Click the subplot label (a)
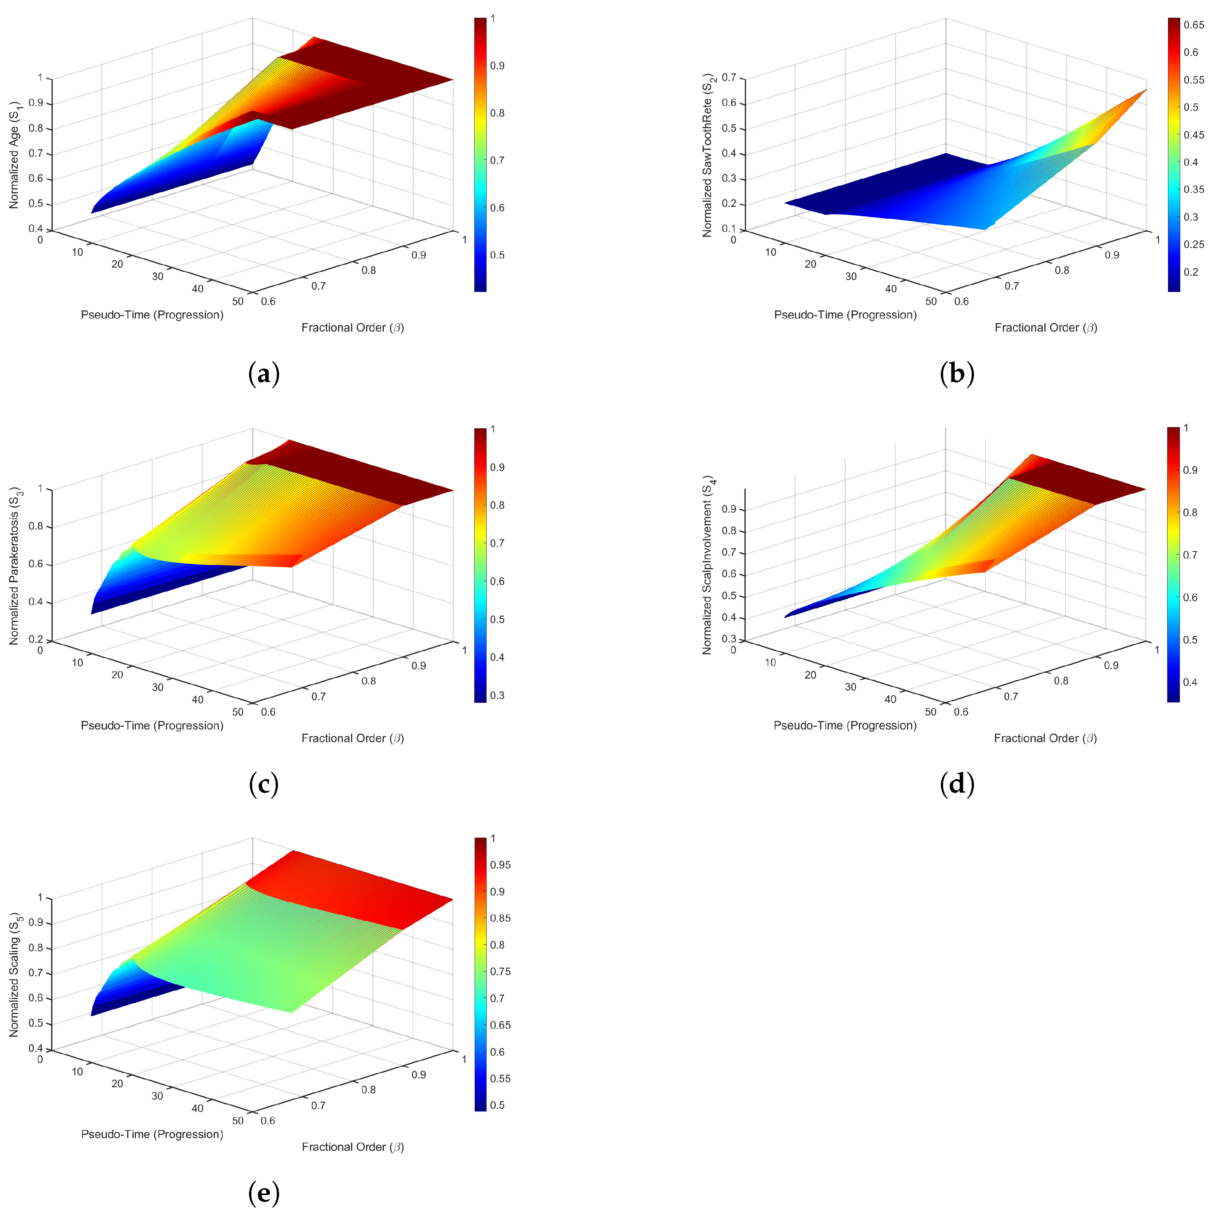[264, 374]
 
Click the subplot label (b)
[957, 374]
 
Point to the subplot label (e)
[264, 1193]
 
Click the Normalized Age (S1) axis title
[15, 154]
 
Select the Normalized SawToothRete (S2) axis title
[708, 155]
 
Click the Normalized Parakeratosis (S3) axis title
[15, 566]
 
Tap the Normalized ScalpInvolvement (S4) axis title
[708, 565]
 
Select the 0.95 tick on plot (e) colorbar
[500, 865]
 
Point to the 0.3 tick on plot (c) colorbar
[497, 696]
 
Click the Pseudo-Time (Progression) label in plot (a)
[152, 315]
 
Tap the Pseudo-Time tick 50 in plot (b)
[931, 301]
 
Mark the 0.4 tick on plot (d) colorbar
[1190, 682]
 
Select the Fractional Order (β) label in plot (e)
[353, 1147]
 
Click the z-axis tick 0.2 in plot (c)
[36, 639]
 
